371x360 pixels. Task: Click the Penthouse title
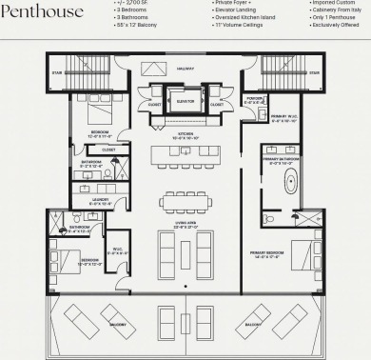(x=43, y=11)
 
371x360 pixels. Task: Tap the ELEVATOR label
(x=185, y=99)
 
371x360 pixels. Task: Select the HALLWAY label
(x=185, y=69)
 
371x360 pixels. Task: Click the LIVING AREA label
(x=185, y=224)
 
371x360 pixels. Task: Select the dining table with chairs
(x=185, y=201)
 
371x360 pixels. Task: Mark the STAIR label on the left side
(x=57, y=71)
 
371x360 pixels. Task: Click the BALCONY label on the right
(x=252, y=324)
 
